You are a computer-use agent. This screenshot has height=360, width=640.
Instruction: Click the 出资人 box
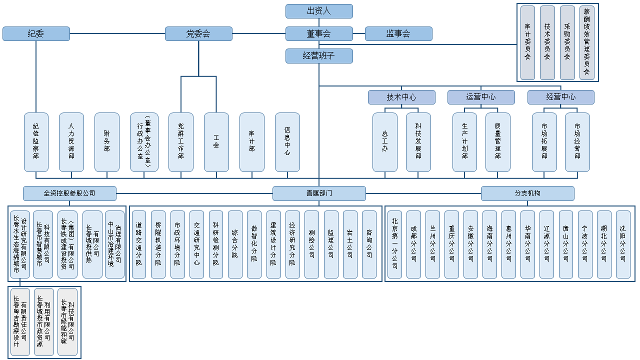319,11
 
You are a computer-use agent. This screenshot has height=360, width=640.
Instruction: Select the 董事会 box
319,33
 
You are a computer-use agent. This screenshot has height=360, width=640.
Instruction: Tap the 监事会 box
398,33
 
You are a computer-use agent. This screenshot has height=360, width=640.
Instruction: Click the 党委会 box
198,33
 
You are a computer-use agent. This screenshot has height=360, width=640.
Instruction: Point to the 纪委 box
36,33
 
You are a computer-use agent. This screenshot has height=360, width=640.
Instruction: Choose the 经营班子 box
319,56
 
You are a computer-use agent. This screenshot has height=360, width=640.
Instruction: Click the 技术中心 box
401,97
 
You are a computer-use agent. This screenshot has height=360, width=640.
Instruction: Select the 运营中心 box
481,97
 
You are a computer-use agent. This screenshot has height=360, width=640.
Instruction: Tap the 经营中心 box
561,97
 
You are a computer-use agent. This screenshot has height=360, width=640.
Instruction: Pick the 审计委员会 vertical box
527,42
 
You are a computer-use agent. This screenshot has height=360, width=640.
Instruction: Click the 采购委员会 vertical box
567,42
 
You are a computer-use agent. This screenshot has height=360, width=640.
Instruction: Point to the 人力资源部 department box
71,142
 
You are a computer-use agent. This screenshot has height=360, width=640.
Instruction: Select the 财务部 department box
107,142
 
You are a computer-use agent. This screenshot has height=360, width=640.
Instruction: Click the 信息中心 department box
287,142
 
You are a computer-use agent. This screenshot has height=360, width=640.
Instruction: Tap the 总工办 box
385,142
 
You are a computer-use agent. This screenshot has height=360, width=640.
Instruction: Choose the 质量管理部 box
498,142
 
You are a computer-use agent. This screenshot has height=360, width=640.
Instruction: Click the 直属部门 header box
319,193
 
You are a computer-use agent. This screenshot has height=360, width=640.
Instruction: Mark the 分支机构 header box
527,193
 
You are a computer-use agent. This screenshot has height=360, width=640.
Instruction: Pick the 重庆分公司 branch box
452,244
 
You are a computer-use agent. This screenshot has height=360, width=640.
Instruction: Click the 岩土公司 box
350,244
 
